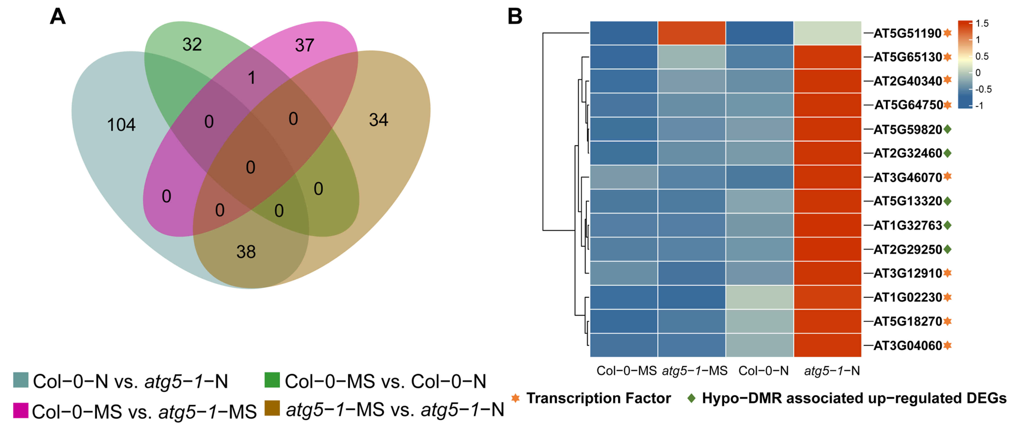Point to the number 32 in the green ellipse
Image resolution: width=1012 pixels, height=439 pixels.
[192, 44]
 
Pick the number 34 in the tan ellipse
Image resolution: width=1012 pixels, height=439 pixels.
[378, 120]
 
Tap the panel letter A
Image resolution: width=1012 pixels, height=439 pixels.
[58, 17]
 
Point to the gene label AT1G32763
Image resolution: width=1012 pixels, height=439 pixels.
[908, 225]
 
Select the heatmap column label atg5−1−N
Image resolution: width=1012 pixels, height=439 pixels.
[832, 371]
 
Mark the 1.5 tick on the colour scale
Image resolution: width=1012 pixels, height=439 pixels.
[982, 23]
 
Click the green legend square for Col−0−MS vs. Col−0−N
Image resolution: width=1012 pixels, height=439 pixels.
[272, 380]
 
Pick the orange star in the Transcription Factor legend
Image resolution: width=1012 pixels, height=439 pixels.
[515, 398]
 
